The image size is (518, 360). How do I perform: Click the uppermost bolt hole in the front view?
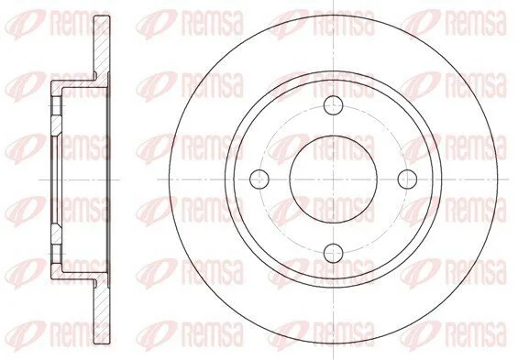click(334, 105)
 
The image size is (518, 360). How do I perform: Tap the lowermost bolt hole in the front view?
click(334, 253)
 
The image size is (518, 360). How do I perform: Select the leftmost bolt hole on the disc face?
click(259, 180)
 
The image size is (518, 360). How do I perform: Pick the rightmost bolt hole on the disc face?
click(407, 180)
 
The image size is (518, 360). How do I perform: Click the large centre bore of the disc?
click(334, 180)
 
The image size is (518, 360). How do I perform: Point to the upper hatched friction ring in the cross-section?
click(101, 46)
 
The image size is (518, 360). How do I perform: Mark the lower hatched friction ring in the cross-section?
click(101, 311)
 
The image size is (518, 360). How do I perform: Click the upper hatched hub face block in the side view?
click(56, 125)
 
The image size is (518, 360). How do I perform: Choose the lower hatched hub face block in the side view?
click(56, 234)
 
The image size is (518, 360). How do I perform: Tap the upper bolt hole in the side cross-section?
click(56, 105)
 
